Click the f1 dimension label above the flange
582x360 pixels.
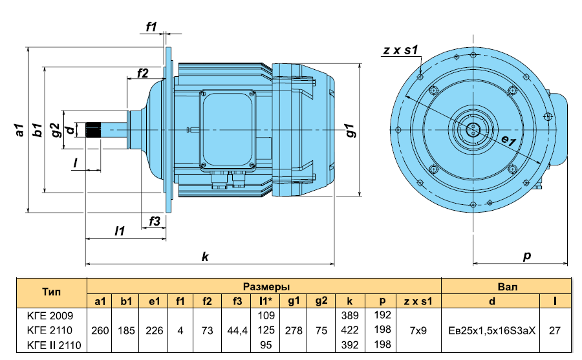point(151,26)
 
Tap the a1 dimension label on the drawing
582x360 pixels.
point(19,130)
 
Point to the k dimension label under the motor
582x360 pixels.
point(205,257)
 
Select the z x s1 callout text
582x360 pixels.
point(400,50)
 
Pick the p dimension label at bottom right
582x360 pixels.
point(526,256)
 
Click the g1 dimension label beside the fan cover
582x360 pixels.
point(350,131)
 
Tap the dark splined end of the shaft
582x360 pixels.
point(92,130)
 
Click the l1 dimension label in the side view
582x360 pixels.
point(120,231)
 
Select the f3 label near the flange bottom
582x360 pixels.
point(155,221)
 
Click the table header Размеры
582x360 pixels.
point(266,286)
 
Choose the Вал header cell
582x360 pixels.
point(507,286)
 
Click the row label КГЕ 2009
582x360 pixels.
point(50,316)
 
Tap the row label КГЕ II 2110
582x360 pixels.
point(54,345)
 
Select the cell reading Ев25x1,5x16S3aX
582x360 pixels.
point(492,330)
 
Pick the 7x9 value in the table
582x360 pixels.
point(418,330)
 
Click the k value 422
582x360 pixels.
point(350,330)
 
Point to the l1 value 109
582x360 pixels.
point(266,315)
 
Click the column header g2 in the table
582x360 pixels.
point(321,301)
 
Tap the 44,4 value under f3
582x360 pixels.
point(237,330)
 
